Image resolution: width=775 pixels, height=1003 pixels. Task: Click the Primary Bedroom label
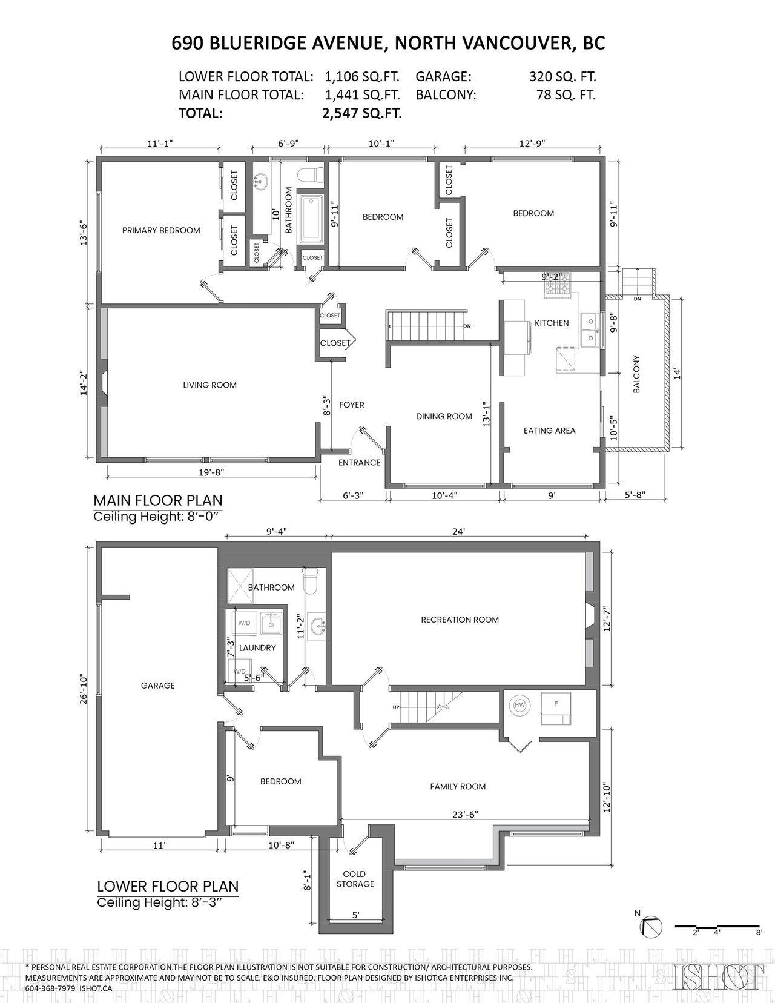click(161, 230)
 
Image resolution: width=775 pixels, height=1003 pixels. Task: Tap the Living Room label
click(210, 385)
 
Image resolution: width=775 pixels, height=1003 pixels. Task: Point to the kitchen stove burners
click(558, 287)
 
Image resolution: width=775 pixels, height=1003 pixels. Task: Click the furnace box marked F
click(556, 708)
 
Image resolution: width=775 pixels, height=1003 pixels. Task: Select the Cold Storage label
click(355, 879)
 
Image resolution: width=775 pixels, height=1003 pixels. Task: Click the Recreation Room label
click(460, 620)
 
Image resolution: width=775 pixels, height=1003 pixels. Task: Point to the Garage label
click(158, 686)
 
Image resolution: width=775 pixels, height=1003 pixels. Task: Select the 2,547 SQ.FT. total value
click(361, 113)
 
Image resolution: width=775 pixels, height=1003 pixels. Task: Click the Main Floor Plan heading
click(158, 500)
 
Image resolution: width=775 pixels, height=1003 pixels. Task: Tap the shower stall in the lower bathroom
click(240, 585)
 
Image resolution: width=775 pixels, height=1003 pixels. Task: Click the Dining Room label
click(444, 416)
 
